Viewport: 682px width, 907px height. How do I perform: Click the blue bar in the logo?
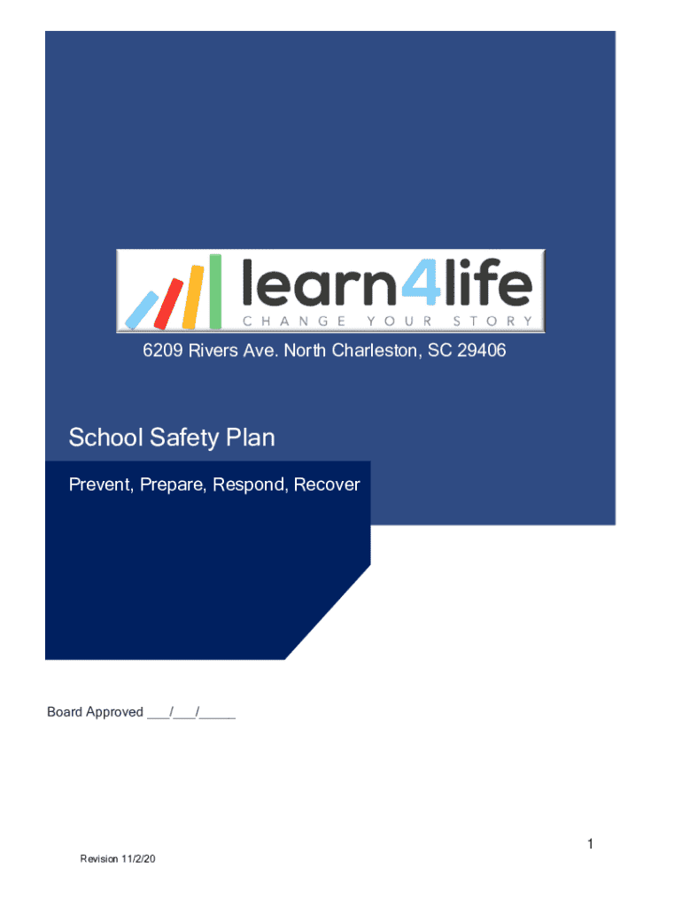pyautogui.click(x=143, y=307)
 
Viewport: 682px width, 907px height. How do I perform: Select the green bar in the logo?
pyautogui.click(x=214, y=290)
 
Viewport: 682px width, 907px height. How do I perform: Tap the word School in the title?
pyautogui.click(x=99, y=438)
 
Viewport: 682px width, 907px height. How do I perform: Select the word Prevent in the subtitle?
pyautogui.click(x=97, y=485)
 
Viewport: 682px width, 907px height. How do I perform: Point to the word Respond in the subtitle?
pyautogui.click(x=250, y=485)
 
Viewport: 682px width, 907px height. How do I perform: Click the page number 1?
pyautogui.click(x=589, y=846)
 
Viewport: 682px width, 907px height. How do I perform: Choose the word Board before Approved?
pyautogui.click(x=65, y=712)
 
